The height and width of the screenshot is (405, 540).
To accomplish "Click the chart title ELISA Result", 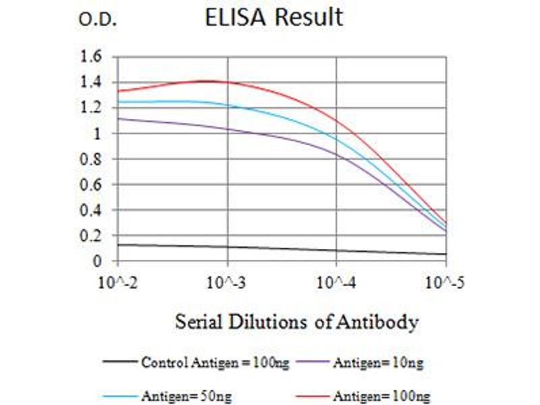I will [x=274, y=18].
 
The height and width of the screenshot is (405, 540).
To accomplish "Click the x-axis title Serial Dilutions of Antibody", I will [x=297, y=322].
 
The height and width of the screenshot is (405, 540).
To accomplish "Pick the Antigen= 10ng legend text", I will [x=378, y=363].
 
